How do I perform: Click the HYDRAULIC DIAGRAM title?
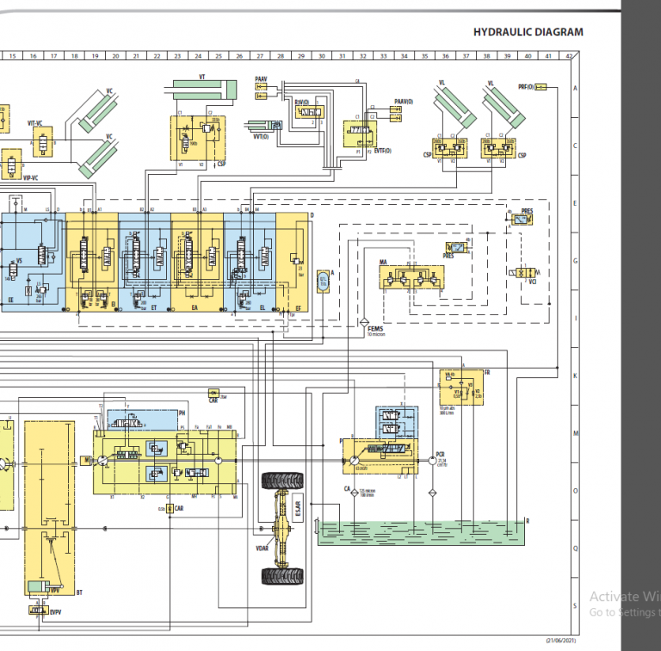click(x=528, y=33)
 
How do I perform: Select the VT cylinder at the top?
click(x=203, y=88)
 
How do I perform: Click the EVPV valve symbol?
click(x=37, y=610)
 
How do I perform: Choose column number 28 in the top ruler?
click(x=281, y=56)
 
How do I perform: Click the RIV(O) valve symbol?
click(x=307, y=114)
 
